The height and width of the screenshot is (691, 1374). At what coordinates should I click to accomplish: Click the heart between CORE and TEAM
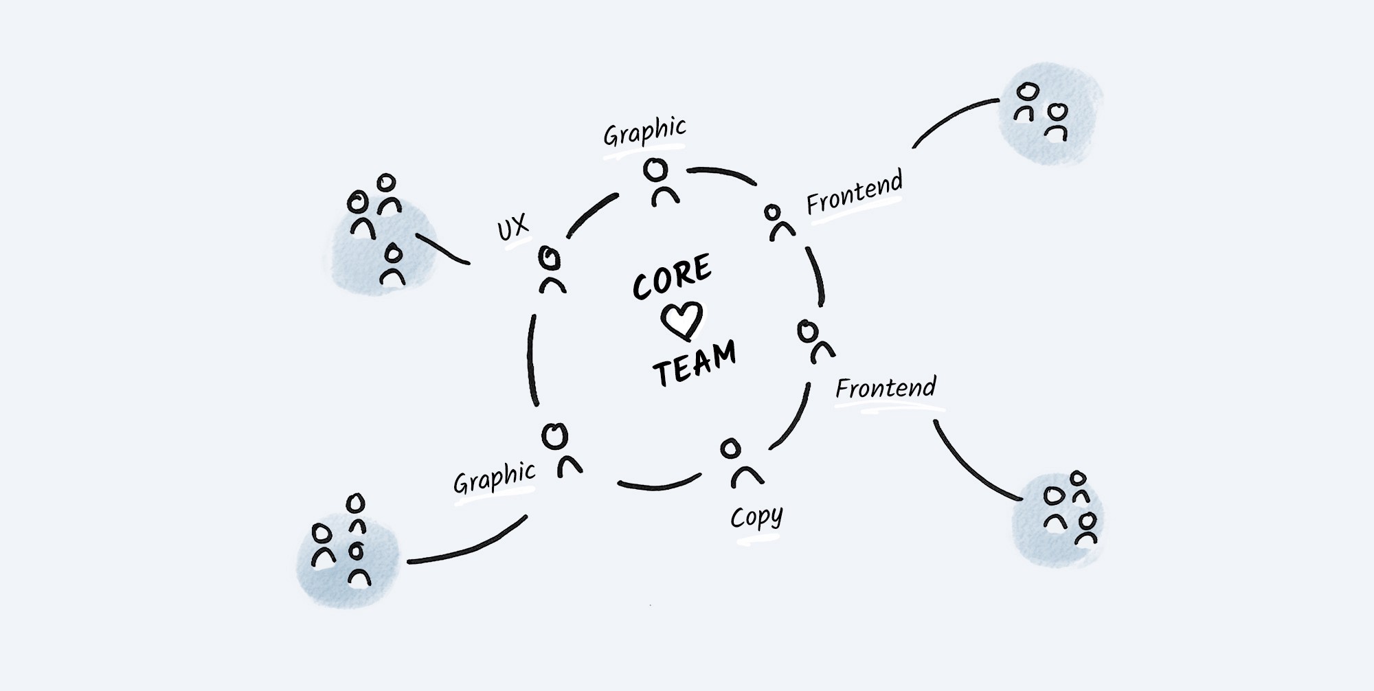pyautogui.click(x=682, y=320)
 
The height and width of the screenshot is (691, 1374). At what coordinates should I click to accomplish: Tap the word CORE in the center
pyautogui.click(x=672, y=276)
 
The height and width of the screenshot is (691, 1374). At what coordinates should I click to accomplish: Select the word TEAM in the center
pyautogui.click(x=694, y=364)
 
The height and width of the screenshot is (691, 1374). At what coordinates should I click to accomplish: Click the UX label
pyautogui.click(x=513, y=227)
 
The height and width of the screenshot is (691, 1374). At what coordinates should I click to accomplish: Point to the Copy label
pyautogui.click(x=756, y=517)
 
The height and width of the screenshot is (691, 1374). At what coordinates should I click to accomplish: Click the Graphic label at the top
pyautogui.click(x=644, y=131)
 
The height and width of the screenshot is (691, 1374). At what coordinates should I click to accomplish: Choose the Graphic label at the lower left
pyautogui.click(x=494, y=477)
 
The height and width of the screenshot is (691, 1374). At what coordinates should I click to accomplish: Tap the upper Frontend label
pyautogui.click(x=854, y=193)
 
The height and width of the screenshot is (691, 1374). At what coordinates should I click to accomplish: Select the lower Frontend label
pyautogui.click(x=886, y=389)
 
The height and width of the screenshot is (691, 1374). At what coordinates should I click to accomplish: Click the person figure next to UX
pyautogui.click(x=550, y=271)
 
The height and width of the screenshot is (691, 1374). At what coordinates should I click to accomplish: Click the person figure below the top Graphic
pyautogui.click(x=658, y=181)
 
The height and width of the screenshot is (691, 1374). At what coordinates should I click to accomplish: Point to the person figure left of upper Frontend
pyautogui.click(x=777, y=222)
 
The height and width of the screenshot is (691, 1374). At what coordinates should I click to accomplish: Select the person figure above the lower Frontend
pyautogui.click(x=814, y=341)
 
